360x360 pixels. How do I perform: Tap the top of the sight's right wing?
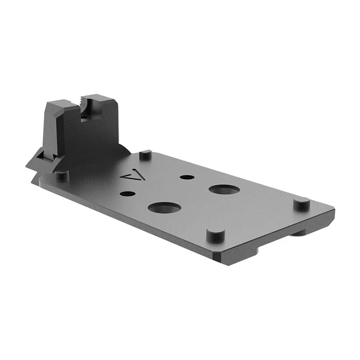click(x=101, y=99)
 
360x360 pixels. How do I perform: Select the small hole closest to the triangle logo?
click(x=128, y=194)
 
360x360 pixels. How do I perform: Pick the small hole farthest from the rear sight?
click(x=187, y=177)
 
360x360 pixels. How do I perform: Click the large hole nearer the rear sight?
click(x=164, y=207)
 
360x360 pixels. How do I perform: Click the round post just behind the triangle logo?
click(x=145, y=155)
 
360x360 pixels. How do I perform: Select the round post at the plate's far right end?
click(x=301, y=203)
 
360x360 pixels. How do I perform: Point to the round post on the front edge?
click(x=216, y=234)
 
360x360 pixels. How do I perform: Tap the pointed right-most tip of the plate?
click(x=333, y=210)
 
